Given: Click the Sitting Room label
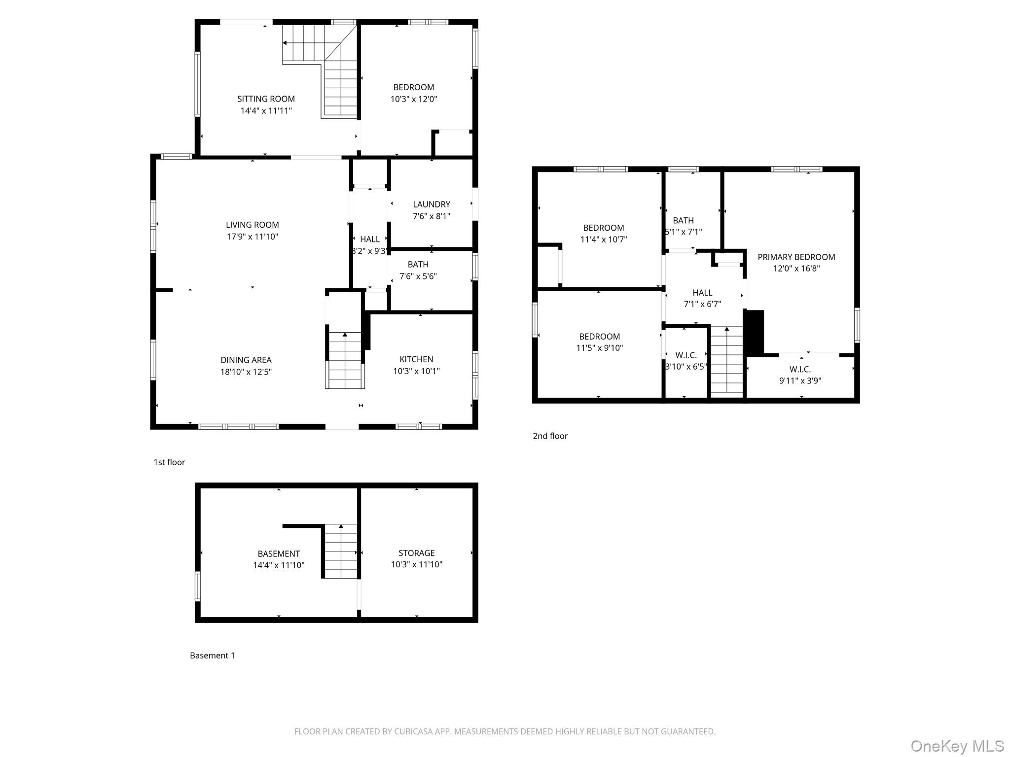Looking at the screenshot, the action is tap(266, 99).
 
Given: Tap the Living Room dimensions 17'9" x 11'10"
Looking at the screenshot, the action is tap(252, 237).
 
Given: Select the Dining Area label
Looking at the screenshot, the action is tap(246, 360).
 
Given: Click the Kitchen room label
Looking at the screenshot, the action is tap(417, 359).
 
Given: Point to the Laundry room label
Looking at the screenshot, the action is tap(432, 204).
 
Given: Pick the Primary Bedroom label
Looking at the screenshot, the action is tap(796, 257).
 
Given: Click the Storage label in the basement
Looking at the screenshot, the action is tap(417, 553).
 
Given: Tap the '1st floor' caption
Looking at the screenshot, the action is tap(169, 462).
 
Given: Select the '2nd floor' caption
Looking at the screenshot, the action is tap(550, 436).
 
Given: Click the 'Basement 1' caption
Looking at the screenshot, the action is tap(213, 655).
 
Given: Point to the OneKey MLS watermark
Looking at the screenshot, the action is tap(957, 746).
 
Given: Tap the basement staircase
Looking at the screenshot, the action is tap(340, 551).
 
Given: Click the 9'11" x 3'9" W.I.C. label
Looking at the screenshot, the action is tap(800, 375).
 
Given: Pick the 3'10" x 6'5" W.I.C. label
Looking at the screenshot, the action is tap(686, 361).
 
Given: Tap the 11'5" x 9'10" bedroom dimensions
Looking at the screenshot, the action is tap(600, 348).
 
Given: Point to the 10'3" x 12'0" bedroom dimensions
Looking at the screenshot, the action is tap(414, 99).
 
